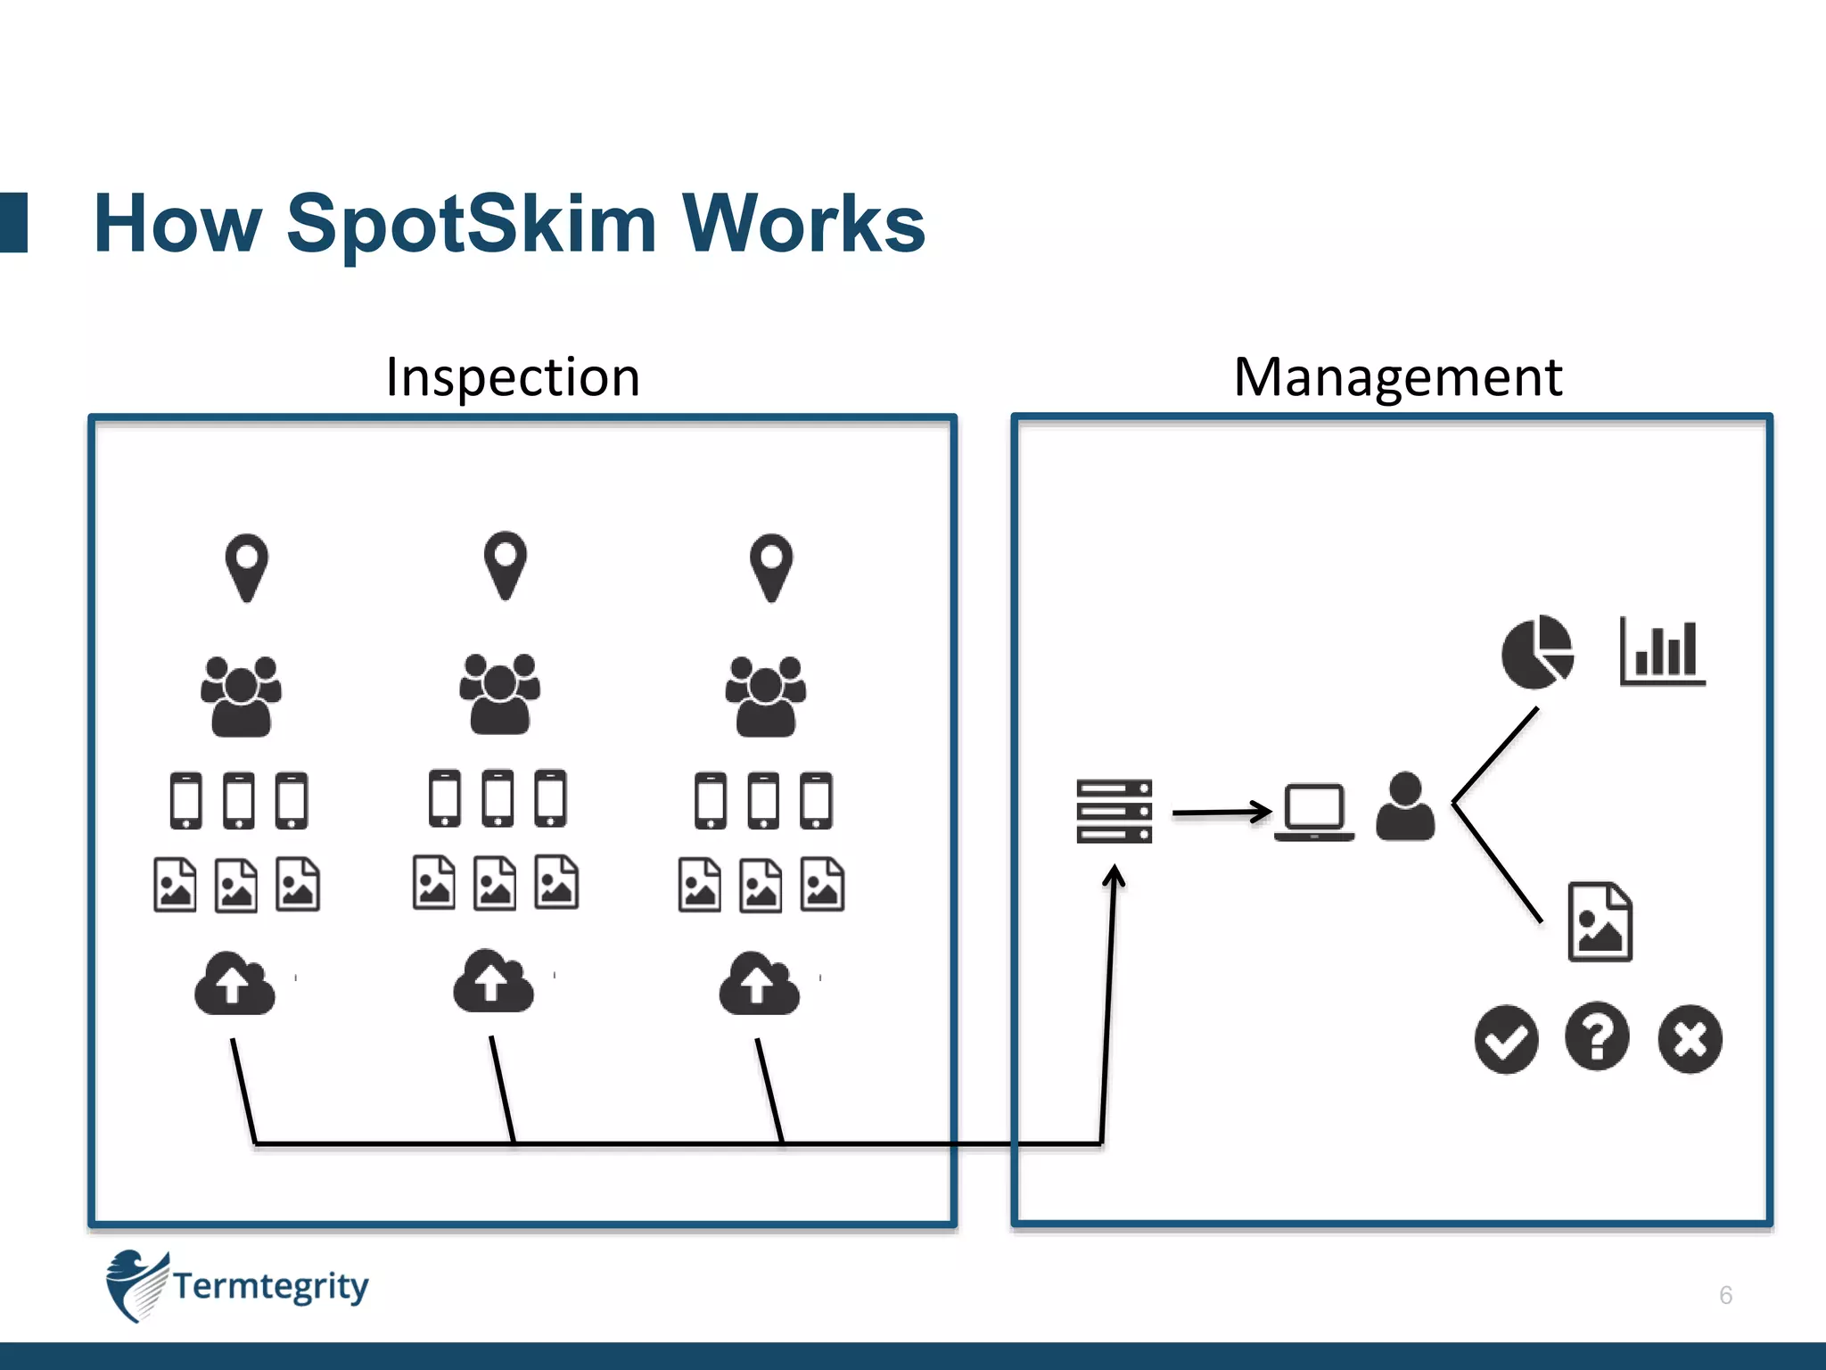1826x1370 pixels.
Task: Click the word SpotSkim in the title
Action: click(471, 225)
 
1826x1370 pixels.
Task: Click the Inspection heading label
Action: click(513, 377)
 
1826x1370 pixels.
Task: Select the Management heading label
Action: click(1397, 377)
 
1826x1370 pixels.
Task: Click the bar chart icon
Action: click(1662, 653)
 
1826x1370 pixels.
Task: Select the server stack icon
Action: click(1114, 811)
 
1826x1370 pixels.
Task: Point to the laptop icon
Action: click(1313, 812)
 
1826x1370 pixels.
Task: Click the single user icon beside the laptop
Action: click(1405, 807)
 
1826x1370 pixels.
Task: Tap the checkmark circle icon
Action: click(1506, 1039)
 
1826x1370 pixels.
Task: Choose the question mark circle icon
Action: click(1597, 1037)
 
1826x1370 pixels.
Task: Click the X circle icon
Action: click(1690, 1039)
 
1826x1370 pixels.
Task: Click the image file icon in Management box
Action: click(1600, 922)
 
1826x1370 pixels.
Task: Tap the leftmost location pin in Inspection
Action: click(247, 567)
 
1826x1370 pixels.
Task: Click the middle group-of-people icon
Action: click(499, 694)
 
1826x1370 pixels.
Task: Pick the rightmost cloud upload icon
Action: click(759, 984)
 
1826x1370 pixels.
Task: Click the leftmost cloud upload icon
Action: click(234, 984)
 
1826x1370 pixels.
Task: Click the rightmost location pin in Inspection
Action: click(771, 567)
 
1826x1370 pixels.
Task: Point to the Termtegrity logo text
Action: click(270, 1286)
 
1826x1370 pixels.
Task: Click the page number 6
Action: click(1725, 1295)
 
